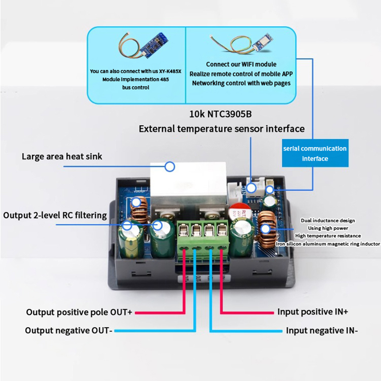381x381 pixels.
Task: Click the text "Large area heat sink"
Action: tap(62, 156)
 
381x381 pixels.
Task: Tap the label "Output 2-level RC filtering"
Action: tap(55, 215)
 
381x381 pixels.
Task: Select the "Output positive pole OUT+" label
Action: tap(79, 312)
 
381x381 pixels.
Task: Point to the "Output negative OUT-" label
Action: tap(69, 331)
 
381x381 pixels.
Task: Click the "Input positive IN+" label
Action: tap(313, 312)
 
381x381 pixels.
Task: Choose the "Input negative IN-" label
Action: tap(321, 331)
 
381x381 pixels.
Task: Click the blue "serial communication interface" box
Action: tap(315, 153)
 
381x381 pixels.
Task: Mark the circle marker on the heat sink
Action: tap(170, 166)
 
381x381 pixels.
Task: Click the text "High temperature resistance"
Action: tap(328, 236)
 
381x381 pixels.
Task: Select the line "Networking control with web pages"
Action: tap(241, 83)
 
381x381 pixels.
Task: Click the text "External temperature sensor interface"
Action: tap(221, 129)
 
